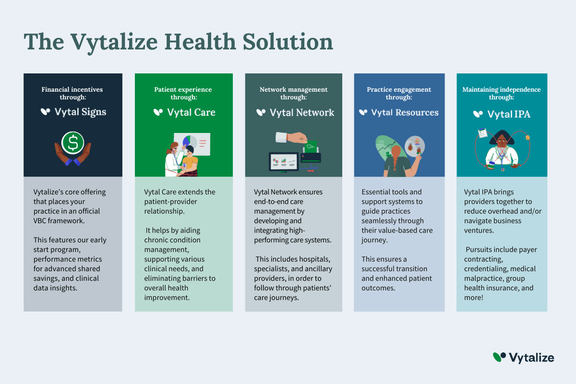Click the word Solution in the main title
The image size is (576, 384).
pos(288,42)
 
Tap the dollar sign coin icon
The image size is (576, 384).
pos(73,143)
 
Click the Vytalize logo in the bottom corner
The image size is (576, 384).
pos(523,358)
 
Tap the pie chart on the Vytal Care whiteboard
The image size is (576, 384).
pos(190,142)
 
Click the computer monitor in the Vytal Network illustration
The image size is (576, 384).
pos(284,162)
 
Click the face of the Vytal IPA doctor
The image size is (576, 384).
pos(502,141)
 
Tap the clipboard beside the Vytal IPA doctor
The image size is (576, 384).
pos(483,133)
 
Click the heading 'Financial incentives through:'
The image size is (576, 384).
pos(72,93)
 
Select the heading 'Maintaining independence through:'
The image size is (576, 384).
pos(502,93)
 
